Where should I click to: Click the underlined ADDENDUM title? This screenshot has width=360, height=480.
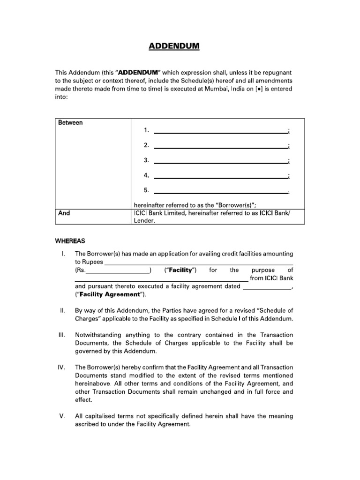point(174,46)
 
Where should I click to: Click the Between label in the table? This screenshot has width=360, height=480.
point(70,123)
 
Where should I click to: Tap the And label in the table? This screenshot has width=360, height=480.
point(64,213)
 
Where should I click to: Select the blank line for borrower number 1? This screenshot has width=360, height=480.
point(220,132)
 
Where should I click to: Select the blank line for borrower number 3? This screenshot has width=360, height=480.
point(220,162)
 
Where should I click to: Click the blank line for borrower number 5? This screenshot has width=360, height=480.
point(220,192)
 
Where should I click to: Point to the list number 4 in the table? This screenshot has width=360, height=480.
point(146,175)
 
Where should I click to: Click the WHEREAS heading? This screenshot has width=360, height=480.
point(70,241)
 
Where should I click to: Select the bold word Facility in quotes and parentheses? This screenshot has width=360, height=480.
point(180,270)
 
